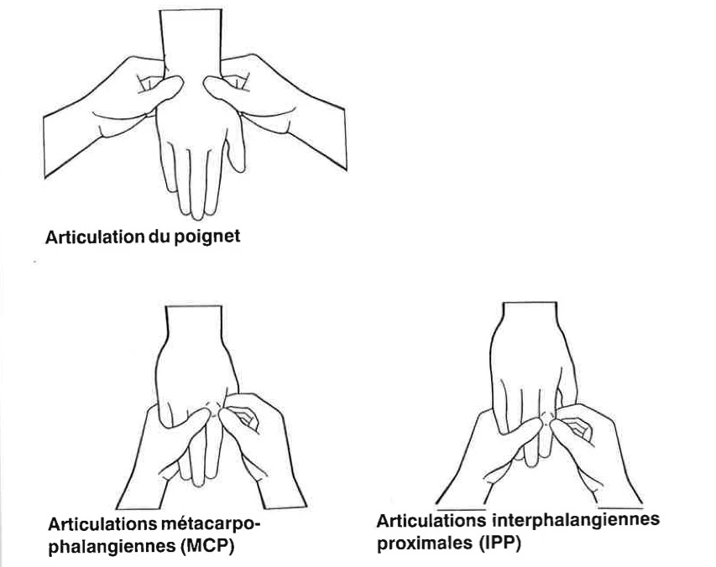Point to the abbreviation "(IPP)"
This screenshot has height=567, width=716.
coord(504,542)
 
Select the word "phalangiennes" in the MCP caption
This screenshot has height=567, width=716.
coord(109,549)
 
